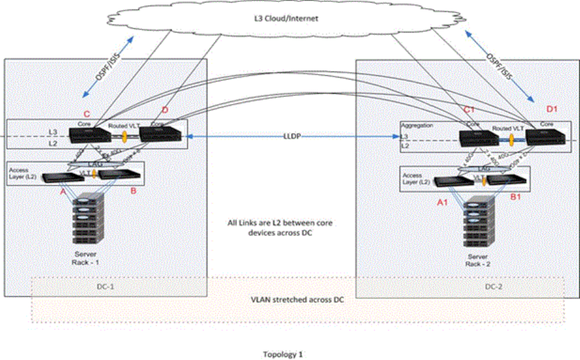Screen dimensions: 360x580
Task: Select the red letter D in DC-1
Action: pyautogui.click(x=165, y=111)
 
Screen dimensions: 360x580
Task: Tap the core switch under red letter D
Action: pyautogui.click(x=161, y=134)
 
